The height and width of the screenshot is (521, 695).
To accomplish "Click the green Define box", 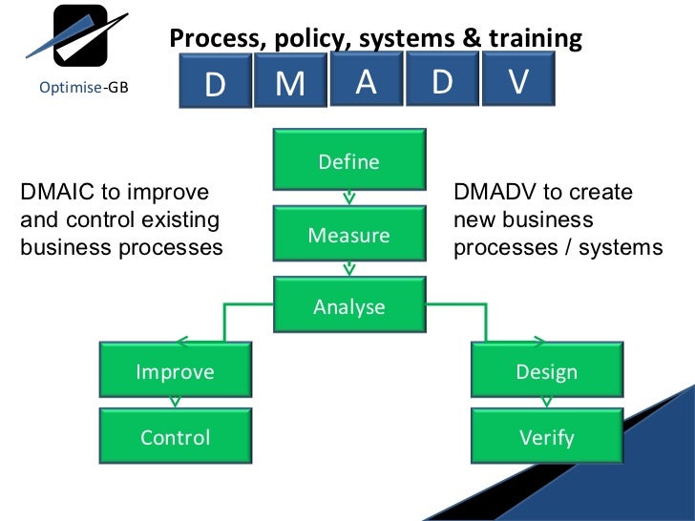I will (349, 161).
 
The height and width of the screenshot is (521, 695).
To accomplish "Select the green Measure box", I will (349, 234).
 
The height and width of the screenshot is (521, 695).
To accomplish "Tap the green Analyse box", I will (349, 306).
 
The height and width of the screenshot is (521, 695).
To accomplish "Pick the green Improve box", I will (176, 371).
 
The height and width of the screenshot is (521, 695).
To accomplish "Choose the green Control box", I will (176, 437).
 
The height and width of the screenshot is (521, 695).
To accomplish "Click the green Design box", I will (547, 371).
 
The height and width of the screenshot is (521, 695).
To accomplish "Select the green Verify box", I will (547, 437).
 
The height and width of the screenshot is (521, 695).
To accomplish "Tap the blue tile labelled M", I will (290, 85).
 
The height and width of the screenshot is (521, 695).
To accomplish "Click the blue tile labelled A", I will (366, 82).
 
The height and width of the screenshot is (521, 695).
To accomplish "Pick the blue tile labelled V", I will (518, 82).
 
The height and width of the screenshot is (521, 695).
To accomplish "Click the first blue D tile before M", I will (216, 85).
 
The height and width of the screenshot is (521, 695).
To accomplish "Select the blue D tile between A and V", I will (442, 82).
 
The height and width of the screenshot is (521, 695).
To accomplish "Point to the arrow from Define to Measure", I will (349, 198).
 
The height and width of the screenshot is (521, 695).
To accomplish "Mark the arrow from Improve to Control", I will (174, 402).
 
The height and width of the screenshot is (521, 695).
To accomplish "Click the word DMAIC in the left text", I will (58, 192).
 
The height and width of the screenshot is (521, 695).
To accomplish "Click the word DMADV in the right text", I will (494, 192).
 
